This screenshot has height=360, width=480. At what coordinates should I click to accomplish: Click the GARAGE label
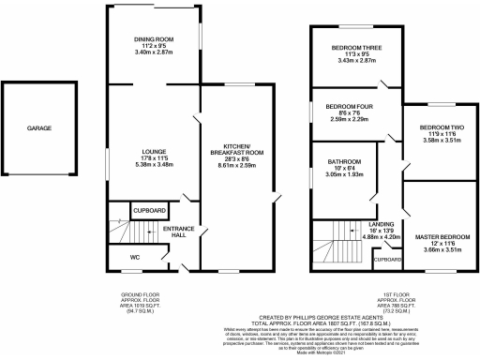tap(38, 128)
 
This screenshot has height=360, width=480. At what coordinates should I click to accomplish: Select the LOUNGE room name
tap(154, 151)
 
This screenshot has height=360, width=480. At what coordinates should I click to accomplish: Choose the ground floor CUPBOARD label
tap(149, 211)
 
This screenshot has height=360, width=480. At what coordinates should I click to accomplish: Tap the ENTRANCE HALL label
tap(177, 232)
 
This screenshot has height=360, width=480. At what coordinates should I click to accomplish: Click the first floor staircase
tap(335, 246)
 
